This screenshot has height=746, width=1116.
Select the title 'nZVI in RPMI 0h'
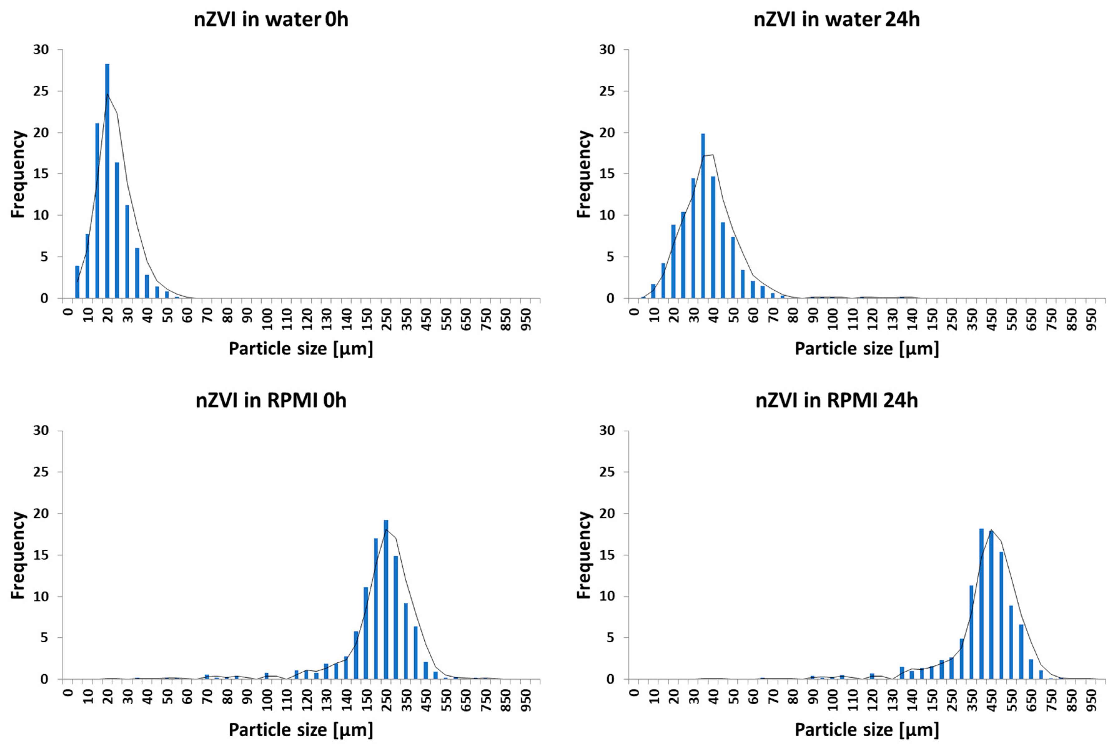(x=271, y=400)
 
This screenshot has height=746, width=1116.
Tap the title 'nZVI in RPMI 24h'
(x=837, y=400)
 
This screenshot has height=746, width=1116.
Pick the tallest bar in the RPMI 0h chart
(x=386, y=600)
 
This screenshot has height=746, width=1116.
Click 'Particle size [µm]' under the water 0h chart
(x=301, y=349)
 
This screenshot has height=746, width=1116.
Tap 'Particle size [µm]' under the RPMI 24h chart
(x=867, y=729)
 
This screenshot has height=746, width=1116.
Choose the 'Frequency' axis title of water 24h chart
(x=584, y=174)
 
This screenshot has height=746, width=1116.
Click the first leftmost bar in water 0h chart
(x=77, y=282)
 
